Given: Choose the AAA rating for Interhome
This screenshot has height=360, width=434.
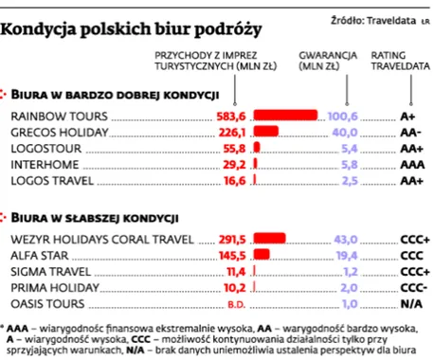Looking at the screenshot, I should pyautogui.click(x=410, y=164).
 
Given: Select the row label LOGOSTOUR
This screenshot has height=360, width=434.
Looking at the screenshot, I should pyautogui.click(x=44, y=148).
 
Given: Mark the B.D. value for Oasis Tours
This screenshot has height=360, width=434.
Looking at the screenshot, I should pyautogui.click(x=237, y=304).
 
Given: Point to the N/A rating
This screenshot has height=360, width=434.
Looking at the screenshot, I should pyautogui.click(x=410, y=304).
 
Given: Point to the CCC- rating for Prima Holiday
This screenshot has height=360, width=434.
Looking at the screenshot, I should pyautogui.click(x=414, y=288).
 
